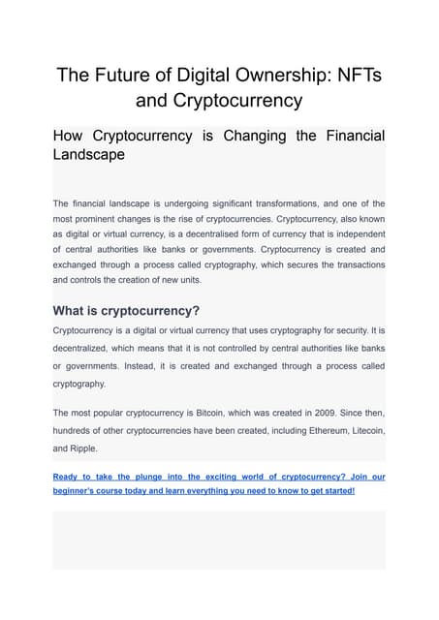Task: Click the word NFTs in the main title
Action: [352, 75]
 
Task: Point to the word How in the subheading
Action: [71, 135]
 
